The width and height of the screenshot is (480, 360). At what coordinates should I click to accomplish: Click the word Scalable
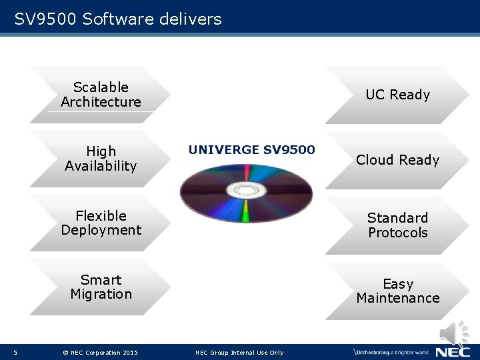101,87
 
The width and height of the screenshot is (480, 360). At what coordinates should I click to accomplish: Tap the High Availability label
101,159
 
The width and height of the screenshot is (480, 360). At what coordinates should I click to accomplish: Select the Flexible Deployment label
101,223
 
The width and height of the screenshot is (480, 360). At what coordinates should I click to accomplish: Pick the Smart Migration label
101,287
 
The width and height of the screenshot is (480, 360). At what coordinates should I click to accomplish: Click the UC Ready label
397,95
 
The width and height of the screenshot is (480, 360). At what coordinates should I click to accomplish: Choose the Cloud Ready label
397,160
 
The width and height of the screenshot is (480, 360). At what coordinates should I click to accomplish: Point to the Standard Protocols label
397,225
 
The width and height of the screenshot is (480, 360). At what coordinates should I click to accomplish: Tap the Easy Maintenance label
397,291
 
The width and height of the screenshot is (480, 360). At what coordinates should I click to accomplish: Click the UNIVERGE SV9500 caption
251,149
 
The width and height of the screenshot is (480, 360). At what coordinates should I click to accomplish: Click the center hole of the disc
247,191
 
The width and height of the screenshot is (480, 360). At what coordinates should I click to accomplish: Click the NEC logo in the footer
453,351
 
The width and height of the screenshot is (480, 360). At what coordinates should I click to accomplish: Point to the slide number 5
15,353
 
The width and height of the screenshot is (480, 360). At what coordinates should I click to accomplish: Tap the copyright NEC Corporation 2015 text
100,353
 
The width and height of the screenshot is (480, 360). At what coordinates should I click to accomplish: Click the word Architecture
101,102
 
